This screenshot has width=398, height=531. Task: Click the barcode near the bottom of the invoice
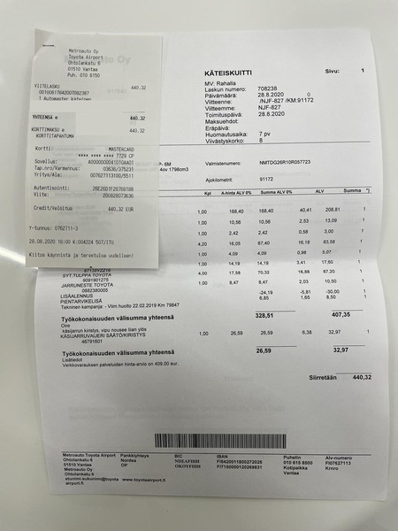(x=220, y=440)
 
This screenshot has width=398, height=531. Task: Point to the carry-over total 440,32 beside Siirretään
(x=361, y=376)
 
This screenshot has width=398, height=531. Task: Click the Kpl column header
(x=206, y=192)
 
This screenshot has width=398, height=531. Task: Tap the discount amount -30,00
(x=332, y=291)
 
